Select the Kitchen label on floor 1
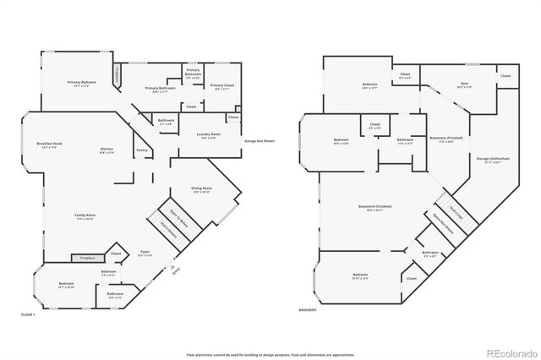point(107,150)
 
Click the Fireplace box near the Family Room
point(87,258)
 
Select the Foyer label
point(145,253)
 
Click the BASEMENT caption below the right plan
point(309,310)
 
